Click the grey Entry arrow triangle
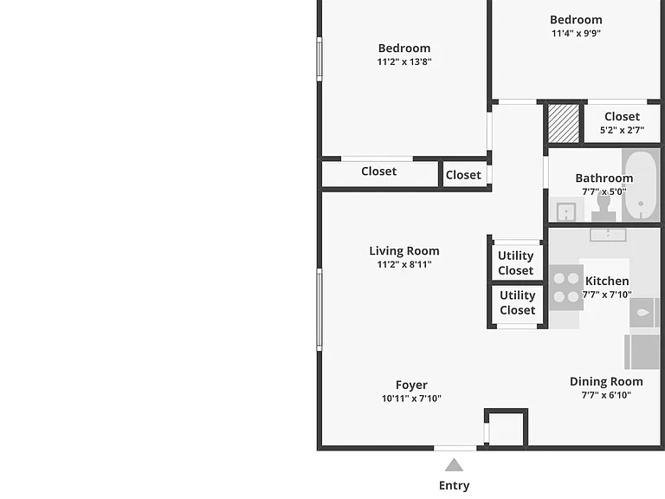point(454,465)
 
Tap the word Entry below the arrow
point(455,485)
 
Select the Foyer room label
point(411,385)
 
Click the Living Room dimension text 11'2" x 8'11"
point(404,264)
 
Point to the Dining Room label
point(606,381)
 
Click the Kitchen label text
point(607,281)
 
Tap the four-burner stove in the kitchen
point(566,288)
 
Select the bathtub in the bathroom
point(641,185)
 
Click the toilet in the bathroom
point(604,207)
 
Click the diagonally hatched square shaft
point(564,124)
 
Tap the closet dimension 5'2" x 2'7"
point(623,130)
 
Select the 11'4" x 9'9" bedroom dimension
point(576,33)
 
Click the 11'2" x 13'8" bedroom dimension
point(404,62)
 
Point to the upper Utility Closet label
point(516,263)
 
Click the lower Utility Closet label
point(518,302)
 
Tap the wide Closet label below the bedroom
point(378,172)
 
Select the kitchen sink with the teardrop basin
point(643,313)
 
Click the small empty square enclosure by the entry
point(507,428)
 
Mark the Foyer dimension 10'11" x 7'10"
point(411,399)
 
